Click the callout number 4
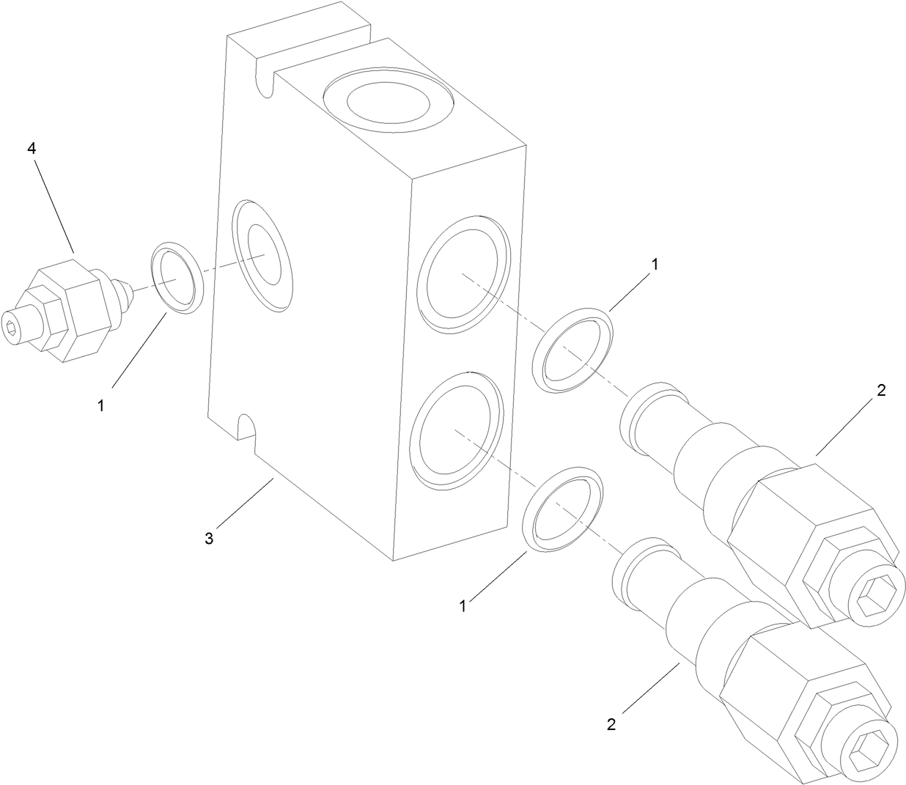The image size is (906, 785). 32,148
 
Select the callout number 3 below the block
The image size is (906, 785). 209,539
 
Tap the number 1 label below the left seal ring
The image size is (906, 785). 101,405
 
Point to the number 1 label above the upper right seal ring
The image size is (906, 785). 655,265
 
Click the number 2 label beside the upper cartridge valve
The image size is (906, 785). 881,391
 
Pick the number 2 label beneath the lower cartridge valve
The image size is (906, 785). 611,724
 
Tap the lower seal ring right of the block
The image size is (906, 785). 564,506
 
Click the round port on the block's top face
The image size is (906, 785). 388,102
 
